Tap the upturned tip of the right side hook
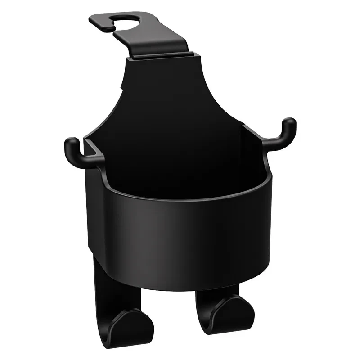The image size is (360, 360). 290,123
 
